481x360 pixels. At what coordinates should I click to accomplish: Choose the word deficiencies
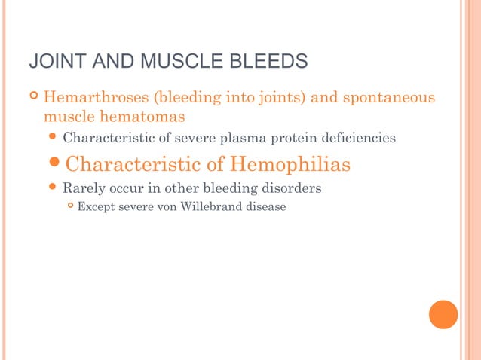pyautogui.click(x=356, y=139)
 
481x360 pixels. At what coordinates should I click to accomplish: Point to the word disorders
pyautogui.click(x=290, y=188)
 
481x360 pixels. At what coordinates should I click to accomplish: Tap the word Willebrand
pyautogui.click(x=208, y=207)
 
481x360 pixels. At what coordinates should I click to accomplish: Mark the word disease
pyautogui.click(x=264, y=207)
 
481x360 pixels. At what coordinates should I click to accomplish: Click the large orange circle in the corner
pyautogui.click(x=443, y=314)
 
